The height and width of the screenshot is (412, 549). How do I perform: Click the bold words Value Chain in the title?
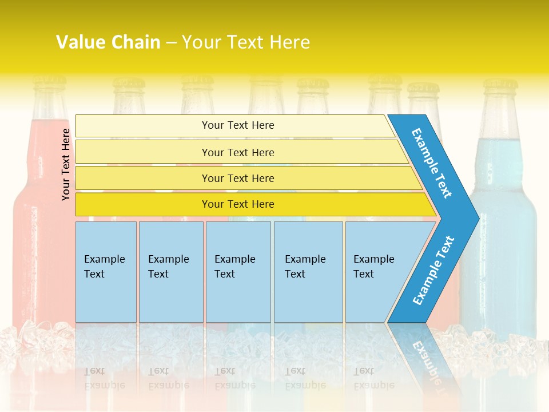[108, 42]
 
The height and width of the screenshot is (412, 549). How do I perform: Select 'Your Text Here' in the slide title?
[246, 42]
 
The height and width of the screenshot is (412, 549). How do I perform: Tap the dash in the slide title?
[171, 42]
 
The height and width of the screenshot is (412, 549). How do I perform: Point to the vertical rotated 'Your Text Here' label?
[66, 164]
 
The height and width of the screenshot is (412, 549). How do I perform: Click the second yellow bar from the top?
[238, 152]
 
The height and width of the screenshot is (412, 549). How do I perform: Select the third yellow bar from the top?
[238, 178]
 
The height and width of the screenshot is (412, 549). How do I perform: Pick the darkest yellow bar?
[238, 204]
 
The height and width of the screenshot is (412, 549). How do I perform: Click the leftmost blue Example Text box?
[106, 272]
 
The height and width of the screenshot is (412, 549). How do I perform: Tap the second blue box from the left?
[171, 272]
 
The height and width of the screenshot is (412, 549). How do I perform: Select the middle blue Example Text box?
[238, 272]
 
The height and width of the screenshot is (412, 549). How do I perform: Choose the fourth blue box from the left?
[308, 272]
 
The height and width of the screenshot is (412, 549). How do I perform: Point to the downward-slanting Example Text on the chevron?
[432, 163]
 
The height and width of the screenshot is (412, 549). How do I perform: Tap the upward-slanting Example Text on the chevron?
[433, 270]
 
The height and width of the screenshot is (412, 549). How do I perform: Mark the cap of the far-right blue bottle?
[500, 86]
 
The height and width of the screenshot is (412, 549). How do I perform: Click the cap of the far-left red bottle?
[49, 84]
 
